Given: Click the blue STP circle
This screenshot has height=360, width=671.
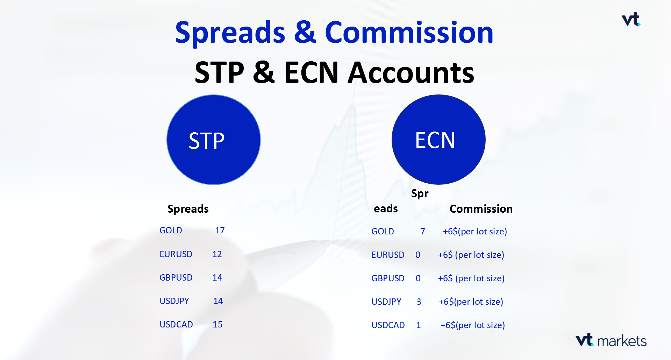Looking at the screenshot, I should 214,140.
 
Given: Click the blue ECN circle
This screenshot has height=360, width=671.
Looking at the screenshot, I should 438,140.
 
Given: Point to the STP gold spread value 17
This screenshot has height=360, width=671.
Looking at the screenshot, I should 220,231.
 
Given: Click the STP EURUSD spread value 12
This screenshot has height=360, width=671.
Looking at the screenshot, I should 217,254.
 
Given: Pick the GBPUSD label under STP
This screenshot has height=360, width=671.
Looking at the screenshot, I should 176,278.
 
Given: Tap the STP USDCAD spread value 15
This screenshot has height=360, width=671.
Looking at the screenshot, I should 217,325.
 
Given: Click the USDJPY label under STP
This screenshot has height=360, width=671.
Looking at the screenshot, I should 174,301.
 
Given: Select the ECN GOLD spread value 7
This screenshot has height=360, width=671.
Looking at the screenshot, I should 422,232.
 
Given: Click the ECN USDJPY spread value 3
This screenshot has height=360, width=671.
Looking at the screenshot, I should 419,302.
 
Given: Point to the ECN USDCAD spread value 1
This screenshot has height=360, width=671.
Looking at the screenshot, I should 418,325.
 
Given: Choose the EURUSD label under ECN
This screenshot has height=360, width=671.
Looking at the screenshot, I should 388,255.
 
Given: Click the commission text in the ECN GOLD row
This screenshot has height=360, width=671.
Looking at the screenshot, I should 475,232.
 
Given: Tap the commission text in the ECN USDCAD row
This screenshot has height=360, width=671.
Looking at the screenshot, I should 472,325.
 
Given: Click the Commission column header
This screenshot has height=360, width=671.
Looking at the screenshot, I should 481,209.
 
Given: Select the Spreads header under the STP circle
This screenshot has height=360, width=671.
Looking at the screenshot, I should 188,209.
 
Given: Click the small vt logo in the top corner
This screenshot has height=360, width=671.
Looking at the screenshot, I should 631,19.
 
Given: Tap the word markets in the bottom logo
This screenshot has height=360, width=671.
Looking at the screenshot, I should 622,341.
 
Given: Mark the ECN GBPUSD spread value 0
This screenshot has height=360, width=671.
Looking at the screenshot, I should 418,278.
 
